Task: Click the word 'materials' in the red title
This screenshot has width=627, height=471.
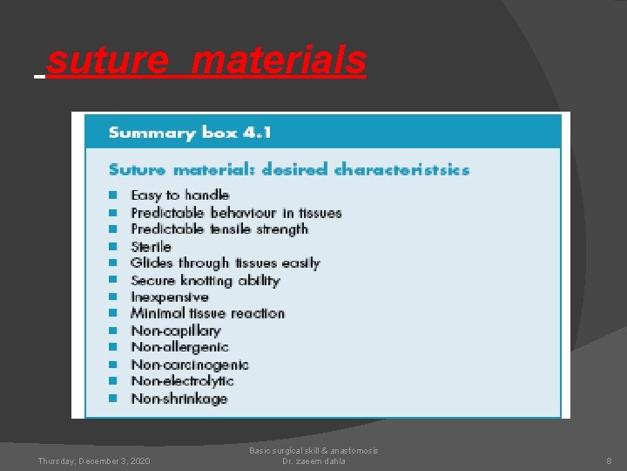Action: coord(279,60)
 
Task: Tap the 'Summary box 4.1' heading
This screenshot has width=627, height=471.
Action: coord(190,133)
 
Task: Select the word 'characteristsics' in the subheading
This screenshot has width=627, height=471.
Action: coord(401,169)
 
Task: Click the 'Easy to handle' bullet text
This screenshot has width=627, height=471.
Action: coord(179,195)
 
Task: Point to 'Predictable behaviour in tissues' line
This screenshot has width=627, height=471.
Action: coord(236,213)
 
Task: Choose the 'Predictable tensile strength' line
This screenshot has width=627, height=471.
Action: coord(219,229)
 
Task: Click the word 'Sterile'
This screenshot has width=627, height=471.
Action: coord(151,247)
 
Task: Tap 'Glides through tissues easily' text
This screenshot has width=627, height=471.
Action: coord(225,263)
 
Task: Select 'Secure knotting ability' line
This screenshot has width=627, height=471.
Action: coord(205,280)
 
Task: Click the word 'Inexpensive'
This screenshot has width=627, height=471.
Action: coord(169,297)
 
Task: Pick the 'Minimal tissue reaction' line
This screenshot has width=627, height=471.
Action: coord(207,313)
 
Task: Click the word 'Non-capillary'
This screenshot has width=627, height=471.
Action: coord(175,331)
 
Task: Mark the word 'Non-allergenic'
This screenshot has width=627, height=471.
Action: coord(179,347)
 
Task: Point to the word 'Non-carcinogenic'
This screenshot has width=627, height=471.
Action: coord(189,365)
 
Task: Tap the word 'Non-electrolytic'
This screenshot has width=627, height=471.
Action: coord(182,381)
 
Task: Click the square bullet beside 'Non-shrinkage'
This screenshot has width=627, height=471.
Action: coord(112,399)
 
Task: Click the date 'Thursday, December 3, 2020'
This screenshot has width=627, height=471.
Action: coord(93,461)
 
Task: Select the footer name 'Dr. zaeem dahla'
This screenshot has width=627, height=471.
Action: coord(313,461)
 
